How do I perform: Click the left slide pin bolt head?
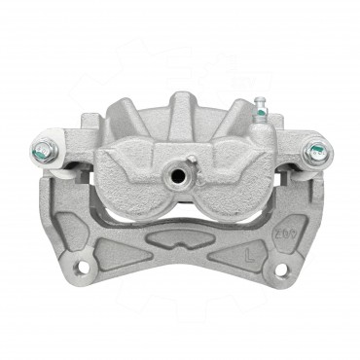[44, 150]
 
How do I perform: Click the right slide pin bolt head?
[316, 151]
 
